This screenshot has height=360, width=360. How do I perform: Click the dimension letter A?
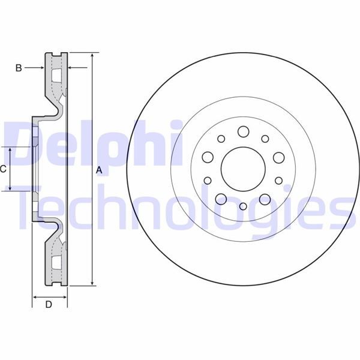click(x=99, y=170)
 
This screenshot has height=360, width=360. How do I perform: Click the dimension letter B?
click(x=19, y=68)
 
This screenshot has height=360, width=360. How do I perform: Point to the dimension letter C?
click(x=3, y=169)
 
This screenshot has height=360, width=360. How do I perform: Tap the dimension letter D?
click(x=49, y=304)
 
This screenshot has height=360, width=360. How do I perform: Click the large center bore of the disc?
click(x=243, y=169)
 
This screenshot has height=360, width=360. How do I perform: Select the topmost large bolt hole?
click(x=244, y=131)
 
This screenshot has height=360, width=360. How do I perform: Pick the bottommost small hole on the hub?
click(x=243, y=206)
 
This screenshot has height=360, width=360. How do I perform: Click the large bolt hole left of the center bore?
click(x=208, y=157)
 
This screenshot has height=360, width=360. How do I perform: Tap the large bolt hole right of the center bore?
click(x=279, y=158)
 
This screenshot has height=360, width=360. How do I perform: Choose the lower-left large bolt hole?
click(x=221, y=199)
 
